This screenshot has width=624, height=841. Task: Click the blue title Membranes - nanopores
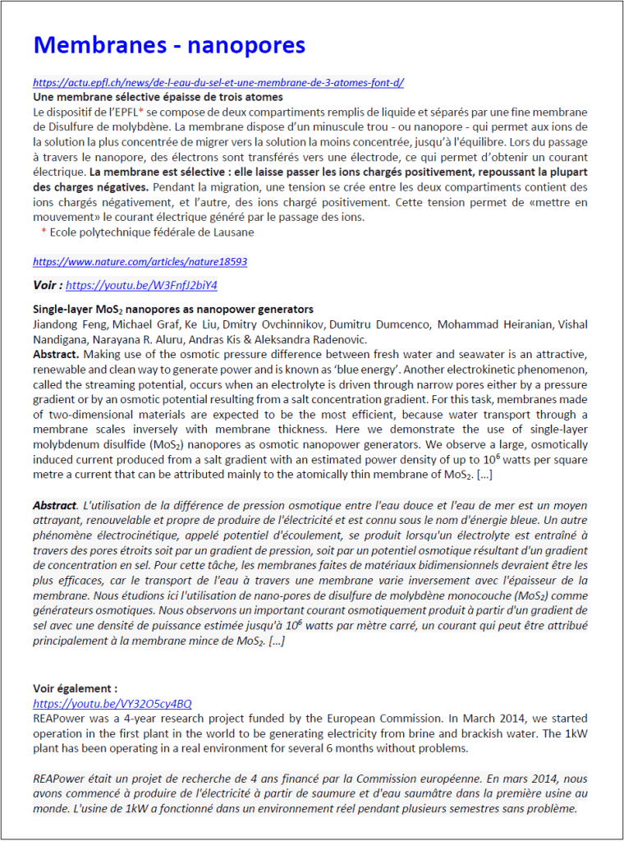(169, 44)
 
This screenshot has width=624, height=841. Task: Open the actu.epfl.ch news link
(218, 83)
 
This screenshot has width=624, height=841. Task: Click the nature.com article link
(140, 261)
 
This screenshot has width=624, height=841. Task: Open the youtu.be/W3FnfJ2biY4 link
(141, 285)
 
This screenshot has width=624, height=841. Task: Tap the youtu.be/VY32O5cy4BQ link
(112, 704)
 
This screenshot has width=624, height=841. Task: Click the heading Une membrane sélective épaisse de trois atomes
(158, 97)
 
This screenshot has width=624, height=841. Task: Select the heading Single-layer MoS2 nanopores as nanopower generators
(172, 310)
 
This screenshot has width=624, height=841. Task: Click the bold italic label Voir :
(48, 285)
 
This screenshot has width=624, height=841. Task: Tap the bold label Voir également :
(76, 688)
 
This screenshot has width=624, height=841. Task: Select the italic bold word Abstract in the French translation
(54, 506)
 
